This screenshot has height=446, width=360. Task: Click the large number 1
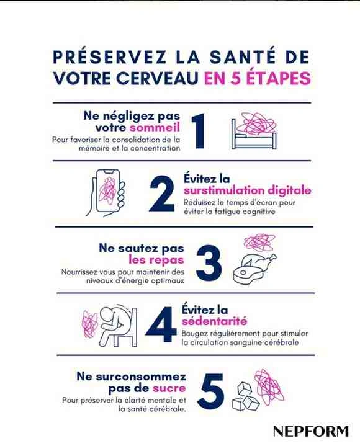tap(199, 131)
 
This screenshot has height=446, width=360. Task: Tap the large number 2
tap(161, 194)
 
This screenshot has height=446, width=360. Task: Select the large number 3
tap(209, 263)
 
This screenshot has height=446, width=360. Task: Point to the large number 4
tap(161, 324)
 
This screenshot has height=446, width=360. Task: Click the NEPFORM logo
tap(311, 432)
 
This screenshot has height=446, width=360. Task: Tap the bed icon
tap(254, 134)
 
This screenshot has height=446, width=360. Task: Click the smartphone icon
tap(106, 193)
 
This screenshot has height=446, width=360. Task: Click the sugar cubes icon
tap(245, 396)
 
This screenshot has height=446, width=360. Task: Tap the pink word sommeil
tap(155, 128)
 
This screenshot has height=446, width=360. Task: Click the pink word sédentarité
tap(214, 321)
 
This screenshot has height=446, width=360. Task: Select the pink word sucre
tap(169, 388)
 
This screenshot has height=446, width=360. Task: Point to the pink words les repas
tap(156, 260)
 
